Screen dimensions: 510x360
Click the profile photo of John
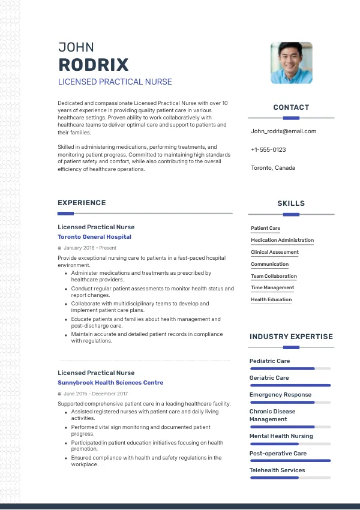(291, 62)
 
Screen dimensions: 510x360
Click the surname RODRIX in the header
(93, 65)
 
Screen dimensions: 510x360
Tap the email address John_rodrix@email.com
(283, 131)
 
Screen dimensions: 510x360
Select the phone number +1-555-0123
(268, 150)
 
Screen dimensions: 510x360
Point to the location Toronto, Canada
(273, 168)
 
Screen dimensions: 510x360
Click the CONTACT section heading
(291, 107)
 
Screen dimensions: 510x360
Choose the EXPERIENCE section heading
(82, 203)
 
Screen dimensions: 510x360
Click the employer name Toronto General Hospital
(94, 237)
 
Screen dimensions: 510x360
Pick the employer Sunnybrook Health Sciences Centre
(110, 383)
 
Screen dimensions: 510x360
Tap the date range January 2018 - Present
(89, 248)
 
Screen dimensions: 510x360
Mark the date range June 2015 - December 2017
(95, 394)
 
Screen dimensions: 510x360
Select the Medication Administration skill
(282, 241)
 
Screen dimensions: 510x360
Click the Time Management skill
(272, 288)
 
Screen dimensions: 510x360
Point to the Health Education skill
(271, 300)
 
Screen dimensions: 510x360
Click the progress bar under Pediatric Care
(290, 368)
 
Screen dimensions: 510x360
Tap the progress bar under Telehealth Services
(290, 478)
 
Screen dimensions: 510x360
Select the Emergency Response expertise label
(280, 395)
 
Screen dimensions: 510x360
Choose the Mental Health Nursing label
(281, 436)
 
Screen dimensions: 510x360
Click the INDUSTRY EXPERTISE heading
(291, 337)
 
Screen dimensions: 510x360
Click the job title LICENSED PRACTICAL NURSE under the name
(115, 82)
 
